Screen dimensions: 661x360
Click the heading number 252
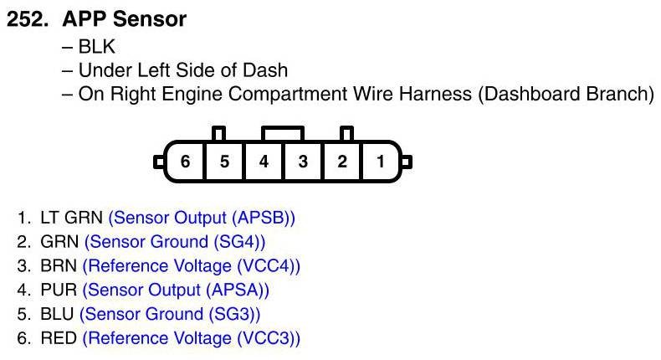(x=27, y=19)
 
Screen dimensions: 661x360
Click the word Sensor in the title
(x=150, y=19)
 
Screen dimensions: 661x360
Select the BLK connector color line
(x=88, y=46)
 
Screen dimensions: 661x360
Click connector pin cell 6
(x=185, y=162)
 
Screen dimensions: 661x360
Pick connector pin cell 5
(x=224, y=162)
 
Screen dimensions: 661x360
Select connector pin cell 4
(x=264, y=162)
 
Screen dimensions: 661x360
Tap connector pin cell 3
(x=303, y=162)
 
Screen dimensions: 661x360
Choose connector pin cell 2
(x=342, y=162)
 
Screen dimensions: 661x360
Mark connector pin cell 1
(x=380, y=162)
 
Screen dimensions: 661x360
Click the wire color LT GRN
(x=71, y=218)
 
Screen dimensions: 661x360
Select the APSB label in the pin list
(x=261, y=218)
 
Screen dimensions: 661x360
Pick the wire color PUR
(x=59, y=290)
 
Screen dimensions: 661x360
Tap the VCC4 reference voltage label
(x=267, y=266)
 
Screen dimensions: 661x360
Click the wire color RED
(x=59, y=338)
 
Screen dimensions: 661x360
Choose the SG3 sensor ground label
(x=233, y=314)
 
